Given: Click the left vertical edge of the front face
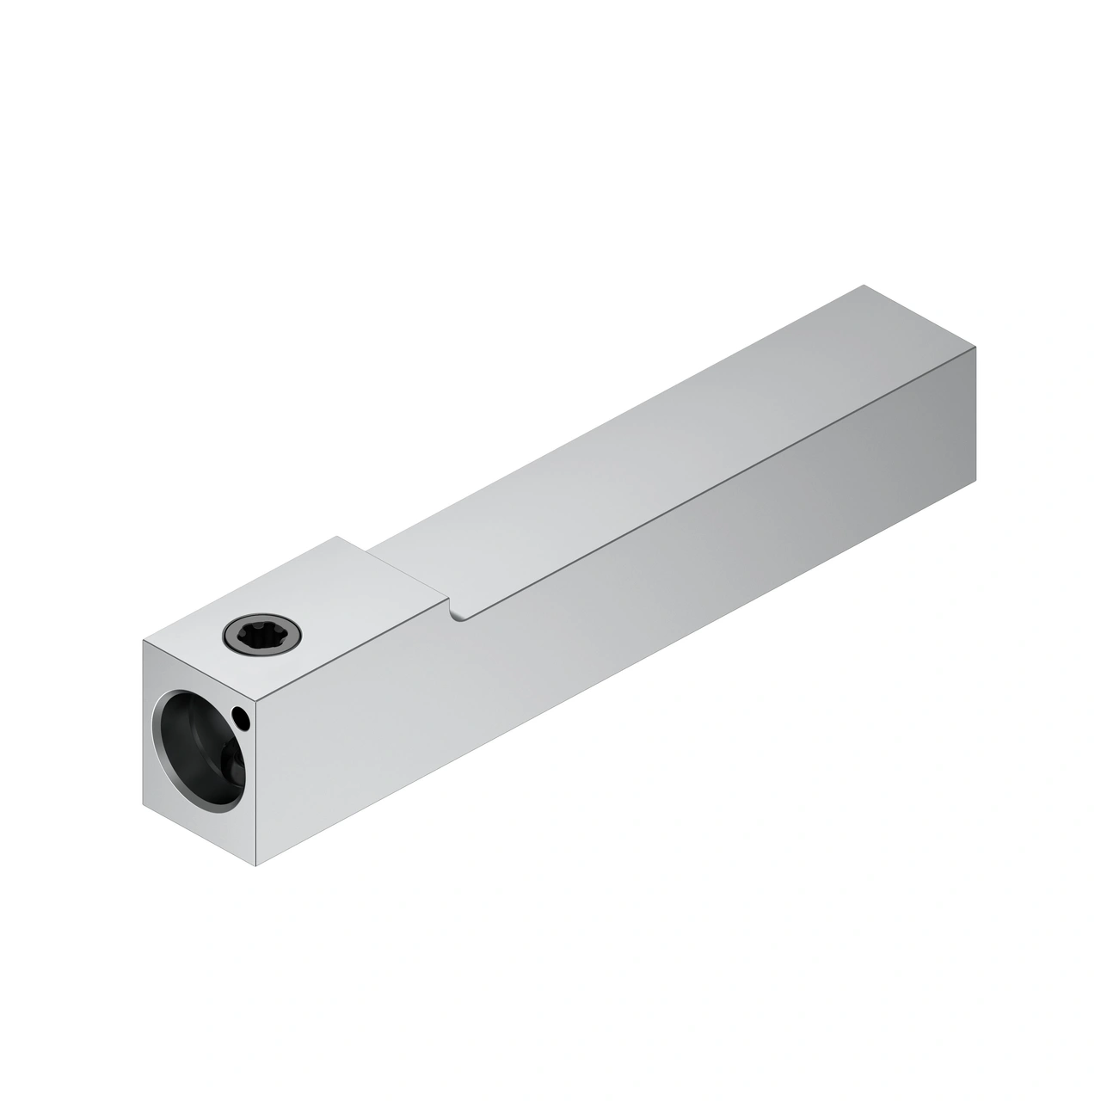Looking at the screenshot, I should pos(142,723).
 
